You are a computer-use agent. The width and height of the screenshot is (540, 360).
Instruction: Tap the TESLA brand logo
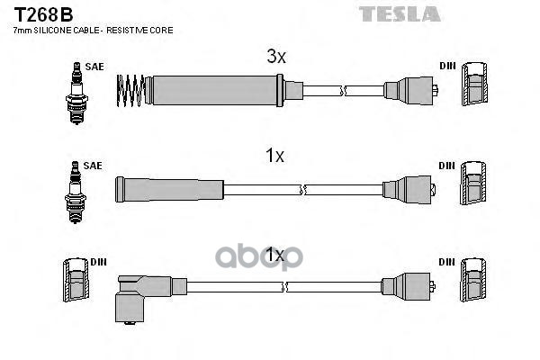click(400, 13)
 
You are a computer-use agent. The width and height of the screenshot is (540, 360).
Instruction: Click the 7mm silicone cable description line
click(93, 31)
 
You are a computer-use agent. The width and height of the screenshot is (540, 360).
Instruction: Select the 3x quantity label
click(275, 57)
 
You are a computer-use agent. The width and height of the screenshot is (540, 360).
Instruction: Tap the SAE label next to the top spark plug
click(93, 67)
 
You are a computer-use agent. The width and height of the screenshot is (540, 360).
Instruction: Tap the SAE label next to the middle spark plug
click(93, 166)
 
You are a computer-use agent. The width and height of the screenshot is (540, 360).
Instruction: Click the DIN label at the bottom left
click(98, 262)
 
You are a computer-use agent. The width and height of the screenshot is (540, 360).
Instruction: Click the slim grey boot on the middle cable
click(168, 188)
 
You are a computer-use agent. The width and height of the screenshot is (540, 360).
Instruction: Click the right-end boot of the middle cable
click(412, 189)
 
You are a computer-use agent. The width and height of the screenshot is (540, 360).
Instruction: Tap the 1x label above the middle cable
click(274, 156)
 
